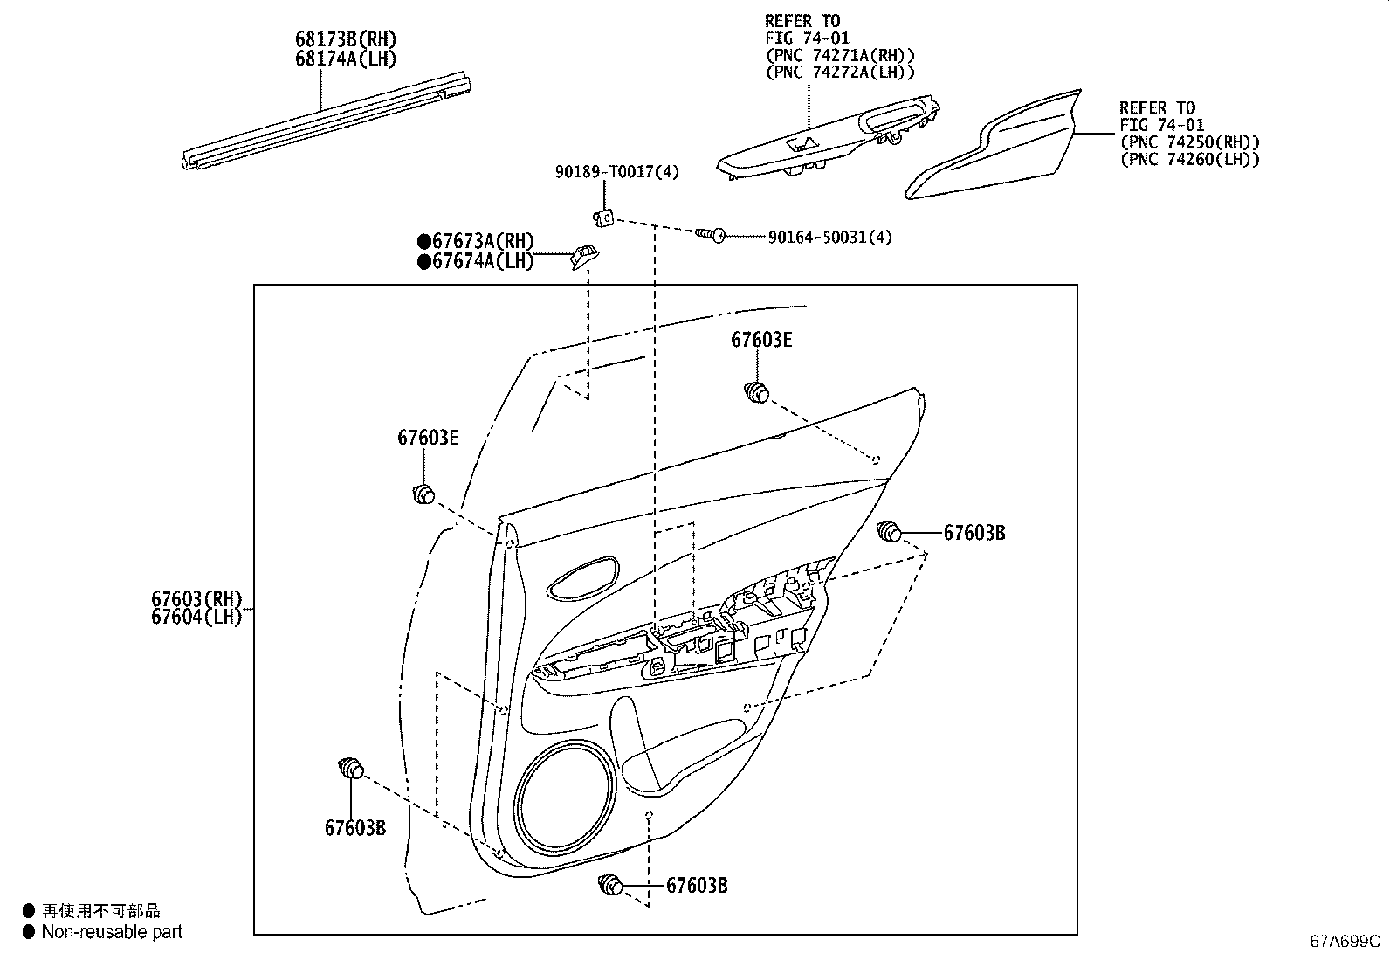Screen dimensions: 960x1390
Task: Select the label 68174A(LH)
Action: click(x=345, y=59)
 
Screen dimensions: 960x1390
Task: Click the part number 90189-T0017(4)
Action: click(x=616, y=172)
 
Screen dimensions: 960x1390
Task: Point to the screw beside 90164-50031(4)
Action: click(x=712, y=235)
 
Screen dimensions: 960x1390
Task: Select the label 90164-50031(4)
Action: click(x=829, y=237)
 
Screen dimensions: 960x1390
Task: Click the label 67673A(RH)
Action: click(x=482, y=242)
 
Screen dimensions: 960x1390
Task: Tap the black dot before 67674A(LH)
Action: click(x=424, y=261)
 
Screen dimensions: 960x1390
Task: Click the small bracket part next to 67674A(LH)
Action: click(x=585, y=256)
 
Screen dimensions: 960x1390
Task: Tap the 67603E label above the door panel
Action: click(x=761, y=341)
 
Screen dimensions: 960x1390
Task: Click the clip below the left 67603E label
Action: click(x=423, y=494)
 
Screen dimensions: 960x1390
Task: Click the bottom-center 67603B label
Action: click(x=697, y=886)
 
